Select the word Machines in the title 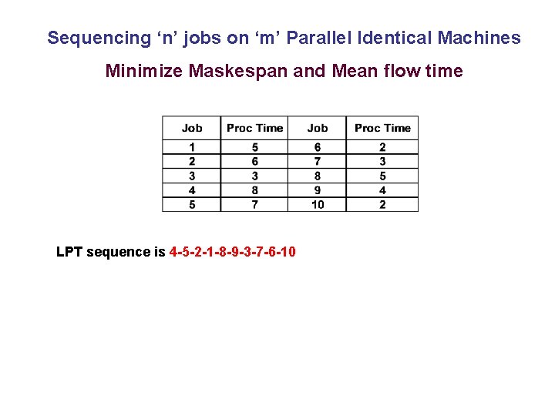pyautogui.click(x=482, y=38)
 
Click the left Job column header pyautogui.click(x=192, y=128)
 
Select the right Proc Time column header pyautogui.click(x=382, y=128)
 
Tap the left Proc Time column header pyautogui.click(x=254, y=128)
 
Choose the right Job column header pyautogui.click(x=317, y=128)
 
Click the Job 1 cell pyautogui.click(x=192, y=147)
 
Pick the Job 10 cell pyautogui.click(x=317, y=204)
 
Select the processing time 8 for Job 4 pyautogui.click(x=254, y=190)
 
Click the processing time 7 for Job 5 pyautogui.click(x=254, y=204)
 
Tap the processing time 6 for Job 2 pyautogui.click(x=254, y=162)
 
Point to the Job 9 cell pyautogui.click(x=317, y=190)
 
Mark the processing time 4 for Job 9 pyautogui.click(x=382, y=190)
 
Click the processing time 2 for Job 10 pyautogui.click(x=382, y=204)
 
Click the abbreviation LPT pyautogui.click(x=69, y=252)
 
